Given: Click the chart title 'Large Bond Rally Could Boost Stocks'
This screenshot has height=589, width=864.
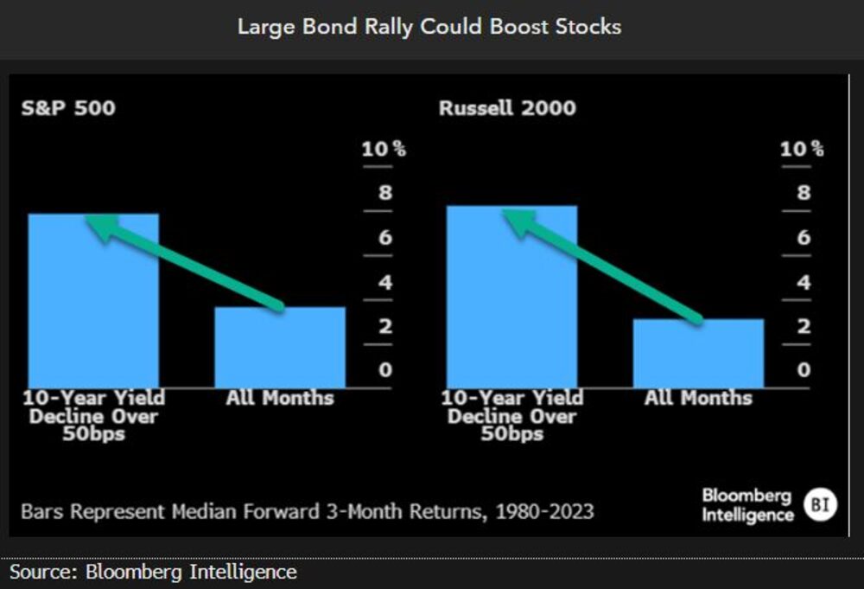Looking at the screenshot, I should tap(429, 26).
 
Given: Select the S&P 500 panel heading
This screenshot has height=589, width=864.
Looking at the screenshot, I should tap(68, 109).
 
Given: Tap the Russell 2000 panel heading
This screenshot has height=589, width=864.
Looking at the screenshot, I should tap(507, 109).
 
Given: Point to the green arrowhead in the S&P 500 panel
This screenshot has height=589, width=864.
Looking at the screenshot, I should tap(100, 227).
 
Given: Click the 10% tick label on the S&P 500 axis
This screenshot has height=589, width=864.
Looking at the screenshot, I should tap(384, 149).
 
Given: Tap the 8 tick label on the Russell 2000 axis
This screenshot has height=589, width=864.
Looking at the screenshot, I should tap(804, 193).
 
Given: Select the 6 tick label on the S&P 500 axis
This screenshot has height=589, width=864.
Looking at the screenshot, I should tap(384, 237).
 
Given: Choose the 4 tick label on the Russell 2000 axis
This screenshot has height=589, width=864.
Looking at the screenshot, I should tap(804, 282).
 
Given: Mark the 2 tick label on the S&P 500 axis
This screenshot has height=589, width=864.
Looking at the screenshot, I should tap(384, 326).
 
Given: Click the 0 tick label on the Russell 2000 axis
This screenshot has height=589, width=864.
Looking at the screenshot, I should tap(804, 370).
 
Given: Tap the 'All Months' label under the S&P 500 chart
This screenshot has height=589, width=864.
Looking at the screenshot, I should tap(280, 399).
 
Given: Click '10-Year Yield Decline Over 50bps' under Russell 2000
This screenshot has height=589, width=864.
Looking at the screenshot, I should tap(511, 415).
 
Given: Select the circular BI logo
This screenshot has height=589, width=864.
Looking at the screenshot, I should tap(819, 505).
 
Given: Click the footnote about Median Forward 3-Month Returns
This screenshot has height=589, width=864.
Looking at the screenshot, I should tap(307, 511).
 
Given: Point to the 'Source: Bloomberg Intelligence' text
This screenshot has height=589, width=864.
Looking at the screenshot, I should tap(153, 572).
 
